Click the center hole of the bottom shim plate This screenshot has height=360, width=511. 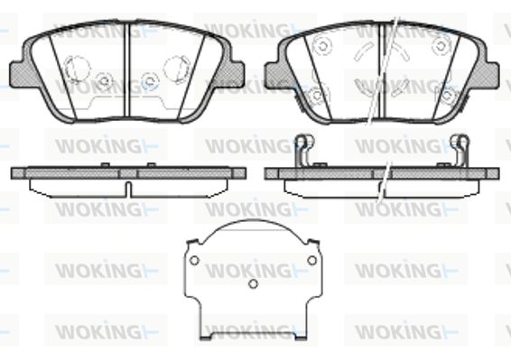[253, 284]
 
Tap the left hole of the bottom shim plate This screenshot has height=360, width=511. [194, 261]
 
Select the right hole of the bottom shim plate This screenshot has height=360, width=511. [311, 261]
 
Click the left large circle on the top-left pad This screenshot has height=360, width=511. [77, 68]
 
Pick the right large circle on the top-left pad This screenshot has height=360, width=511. [176, 68]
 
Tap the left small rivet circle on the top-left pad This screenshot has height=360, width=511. [105, 80]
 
